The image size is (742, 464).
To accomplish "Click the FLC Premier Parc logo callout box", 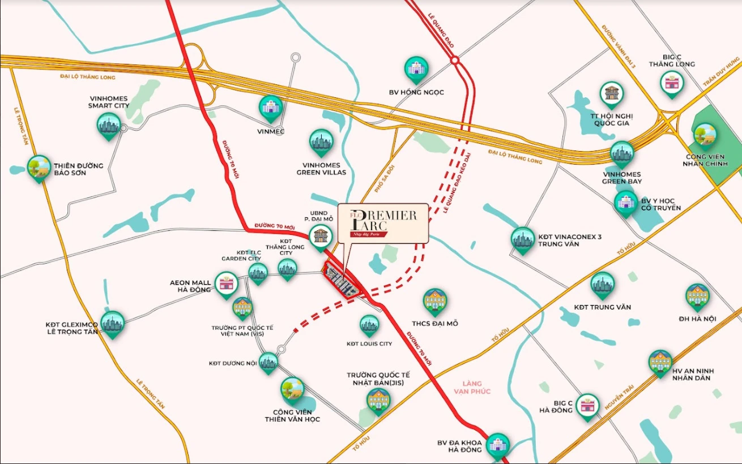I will pyautogui.click(x=383, y=223).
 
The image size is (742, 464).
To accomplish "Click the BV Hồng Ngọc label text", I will pyautogui.click(x=416, y=92).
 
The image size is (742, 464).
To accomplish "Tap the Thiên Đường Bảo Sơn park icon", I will pyautogui.click(x=39, y=167).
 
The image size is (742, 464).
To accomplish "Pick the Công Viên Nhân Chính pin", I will pyautogui.click(x=705, y=135).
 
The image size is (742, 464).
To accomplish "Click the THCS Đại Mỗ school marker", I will pyautogui.click(x=435, y=301).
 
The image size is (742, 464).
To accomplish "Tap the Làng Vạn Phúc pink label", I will pyautogui.click(x=472, y=388).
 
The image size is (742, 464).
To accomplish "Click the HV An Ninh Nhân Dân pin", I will pyautogui.click(x=660, y=362).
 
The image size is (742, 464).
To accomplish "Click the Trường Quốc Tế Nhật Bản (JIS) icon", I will pyautogui.click(x=378, y=401).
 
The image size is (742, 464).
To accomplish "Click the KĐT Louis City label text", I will pyautogui.click(x=369, y=343).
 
